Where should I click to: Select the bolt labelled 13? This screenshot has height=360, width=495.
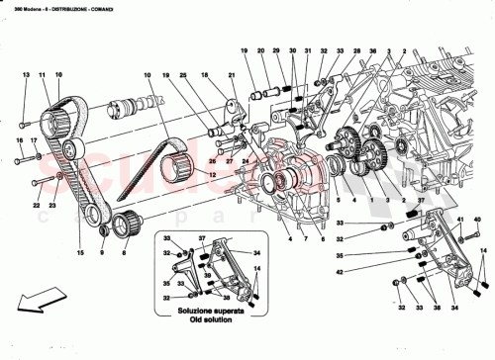[x=23, y=126]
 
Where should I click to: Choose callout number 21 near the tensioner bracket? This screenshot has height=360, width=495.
[x=231, y=75]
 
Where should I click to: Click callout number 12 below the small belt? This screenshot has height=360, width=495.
[x=209, y=174]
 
